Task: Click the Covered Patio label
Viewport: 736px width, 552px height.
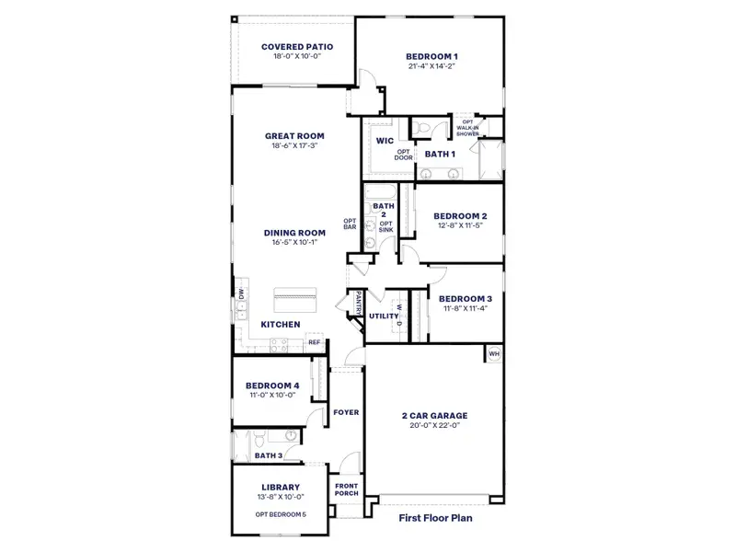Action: click(x=296, y=46)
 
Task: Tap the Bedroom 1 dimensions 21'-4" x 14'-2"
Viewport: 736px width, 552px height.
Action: click(x=431, y=67)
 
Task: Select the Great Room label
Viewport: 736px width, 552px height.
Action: click(x=294, y=136)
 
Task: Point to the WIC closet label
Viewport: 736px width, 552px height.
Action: click(x=385, y=141)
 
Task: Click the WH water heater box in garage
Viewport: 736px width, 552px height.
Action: click(x=494, y=354)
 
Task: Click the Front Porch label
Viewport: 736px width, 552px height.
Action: click(x=346, y=489)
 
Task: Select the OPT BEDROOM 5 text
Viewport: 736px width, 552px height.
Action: click(x=281, y=513)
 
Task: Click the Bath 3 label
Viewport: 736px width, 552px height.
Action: click(x=268, y=455)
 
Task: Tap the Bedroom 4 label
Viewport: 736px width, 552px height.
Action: click(x=271, y=385)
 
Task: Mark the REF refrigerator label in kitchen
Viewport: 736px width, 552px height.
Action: click(x=314, y=342)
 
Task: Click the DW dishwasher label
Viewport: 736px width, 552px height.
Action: click(x=241, y=293)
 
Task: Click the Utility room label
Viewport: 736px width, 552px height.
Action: click(x=382, y=316)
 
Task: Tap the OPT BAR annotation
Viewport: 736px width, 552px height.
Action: click(x=350, y=224)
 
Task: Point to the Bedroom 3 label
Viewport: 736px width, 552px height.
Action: click(x=465, y=299)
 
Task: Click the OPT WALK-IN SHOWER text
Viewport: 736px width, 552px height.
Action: click(x=468, y=128)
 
